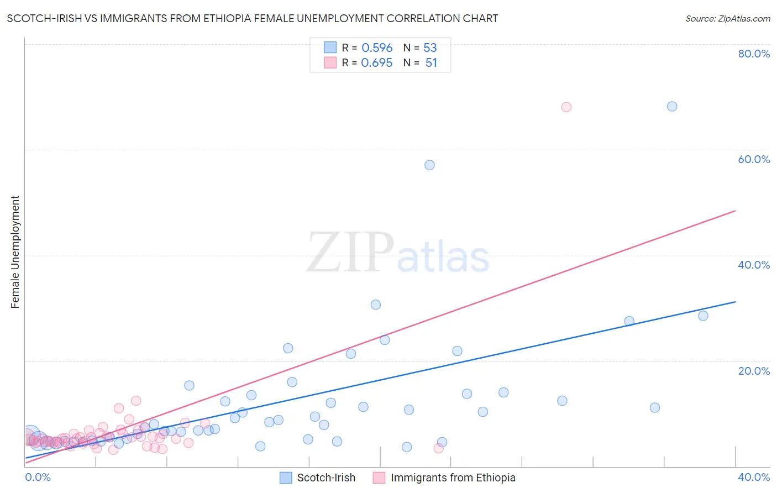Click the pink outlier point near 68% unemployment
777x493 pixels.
pyautogui.click(x=566, y=107)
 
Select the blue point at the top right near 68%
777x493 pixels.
pyautogui.click(x=671, y=107)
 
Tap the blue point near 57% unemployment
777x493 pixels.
pyautogui.click(x=429, y=165)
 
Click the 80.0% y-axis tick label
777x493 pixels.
pyautogui.click(x=754, y=54)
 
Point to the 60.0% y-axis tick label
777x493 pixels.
pyautogui.click(x=754, y=159)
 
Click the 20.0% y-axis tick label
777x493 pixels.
pyautogui.click(x=754, y=371)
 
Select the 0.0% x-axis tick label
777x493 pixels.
pyautogui.click(x=38, y=477)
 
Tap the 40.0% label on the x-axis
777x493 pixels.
pyautogui.click(x=754, y=477)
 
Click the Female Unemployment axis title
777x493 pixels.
pyautogui.click(x=15, y=252)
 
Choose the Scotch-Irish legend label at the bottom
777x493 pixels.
pyautogui.click(x=326, y=478)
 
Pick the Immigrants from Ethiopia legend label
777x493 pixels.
pyautogui.click(x=453, y=478)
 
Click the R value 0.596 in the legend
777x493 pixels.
pyautogui.click(x=377, y=48)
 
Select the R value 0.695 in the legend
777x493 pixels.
pyautogui.click(x=377, y=63)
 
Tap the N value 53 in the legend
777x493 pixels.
pyautogui.click(x=430, y=48)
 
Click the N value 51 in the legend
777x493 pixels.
pyautogui.click(x=431, y=63)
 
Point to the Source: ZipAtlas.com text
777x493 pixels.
pyautogui.click(x=727, y=19)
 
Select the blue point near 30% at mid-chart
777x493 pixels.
pyautogui.click(x=376, y=305)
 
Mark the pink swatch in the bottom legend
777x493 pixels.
pyautogui.click(x=379, y=478)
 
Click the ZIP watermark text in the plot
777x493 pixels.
pyautogui.click(x=350, y=253)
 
